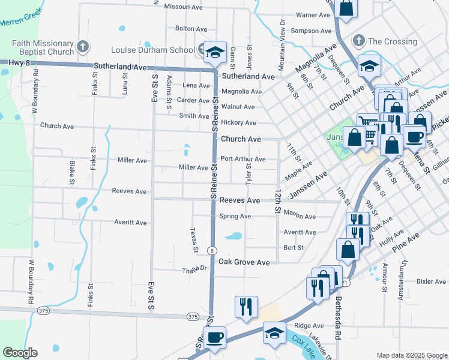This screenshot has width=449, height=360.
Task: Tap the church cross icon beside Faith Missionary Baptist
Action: (x=83, y=46)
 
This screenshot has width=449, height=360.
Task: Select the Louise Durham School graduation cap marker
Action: (x=213, y=52)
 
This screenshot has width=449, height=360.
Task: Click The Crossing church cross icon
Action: (x=358, y=41)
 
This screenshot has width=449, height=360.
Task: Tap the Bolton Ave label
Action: (x=191, y=28)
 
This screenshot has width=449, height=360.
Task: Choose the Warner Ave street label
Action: (x=313, y=14)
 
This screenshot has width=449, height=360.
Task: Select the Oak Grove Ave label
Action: (x=244, y=262)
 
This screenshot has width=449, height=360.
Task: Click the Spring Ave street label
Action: (x=235, y=216)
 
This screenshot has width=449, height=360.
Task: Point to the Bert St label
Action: (x=294, y=247)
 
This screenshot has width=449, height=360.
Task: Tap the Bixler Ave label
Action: (x=431, y=281)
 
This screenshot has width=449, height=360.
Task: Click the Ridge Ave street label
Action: (x=309, y=326)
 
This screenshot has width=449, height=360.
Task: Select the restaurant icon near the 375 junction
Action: (x=246, y=307)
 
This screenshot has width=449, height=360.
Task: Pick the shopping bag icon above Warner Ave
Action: (x=346, y=8)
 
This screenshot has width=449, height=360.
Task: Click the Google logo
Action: (x=20, y=353)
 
